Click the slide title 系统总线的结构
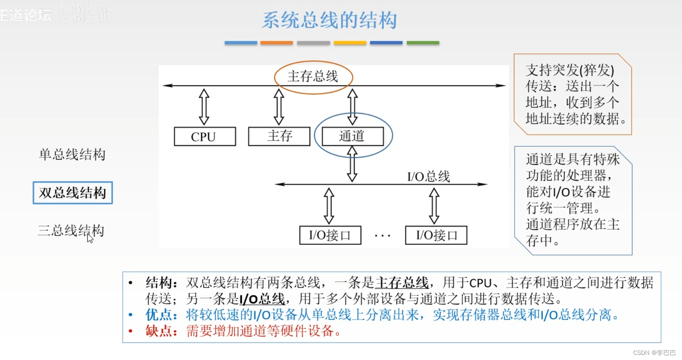329,20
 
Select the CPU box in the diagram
205,137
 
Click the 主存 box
279,136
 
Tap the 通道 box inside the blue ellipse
353,136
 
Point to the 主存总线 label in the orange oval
313,77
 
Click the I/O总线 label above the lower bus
428,176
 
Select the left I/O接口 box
330,235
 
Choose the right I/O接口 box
436,235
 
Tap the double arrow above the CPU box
204,107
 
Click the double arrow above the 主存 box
279,107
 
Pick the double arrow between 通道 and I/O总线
352,164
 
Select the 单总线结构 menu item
72,155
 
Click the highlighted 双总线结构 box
73,193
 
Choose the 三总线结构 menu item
71,231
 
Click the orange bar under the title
276,43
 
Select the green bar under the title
423,43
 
